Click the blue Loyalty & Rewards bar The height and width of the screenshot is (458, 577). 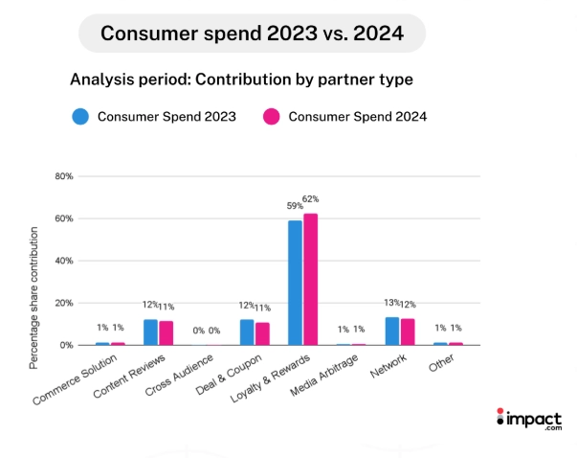295,283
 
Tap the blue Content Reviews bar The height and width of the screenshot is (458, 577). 150,332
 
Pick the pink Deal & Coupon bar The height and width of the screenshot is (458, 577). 261,333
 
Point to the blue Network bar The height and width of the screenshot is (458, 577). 391,331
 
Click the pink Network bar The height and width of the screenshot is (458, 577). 406,332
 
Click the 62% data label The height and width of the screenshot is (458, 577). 310,198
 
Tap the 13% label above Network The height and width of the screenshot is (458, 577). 390,303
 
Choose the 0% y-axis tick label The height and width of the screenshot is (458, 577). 64,345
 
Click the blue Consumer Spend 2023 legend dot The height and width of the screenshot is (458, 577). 80,117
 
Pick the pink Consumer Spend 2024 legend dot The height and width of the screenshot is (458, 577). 271,117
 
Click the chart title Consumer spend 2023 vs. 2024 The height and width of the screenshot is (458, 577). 252,34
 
